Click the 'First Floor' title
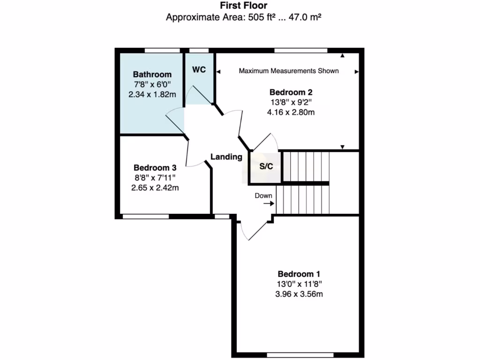pos(243,6)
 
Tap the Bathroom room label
pos(152,74)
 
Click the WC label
pos(199,69)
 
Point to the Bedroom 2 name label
pos(291,92)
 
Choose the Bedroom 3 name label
pos(155,167)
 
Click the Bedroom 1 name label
pos(299,274)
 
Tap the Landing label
pos(226,157)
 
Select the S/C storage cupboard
pos(266,167)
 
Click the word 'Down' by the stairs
pos(263,195)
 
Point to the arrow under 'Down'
pos(268,204)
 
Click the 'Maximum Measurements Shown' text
pos(289,71)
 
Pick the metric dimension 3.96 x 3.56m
pos(299,294)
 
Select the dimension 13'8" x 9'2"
pos(291,102)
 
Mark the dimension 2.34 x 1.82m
pos(152,94)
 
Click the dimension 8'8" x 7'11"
pos(155,178)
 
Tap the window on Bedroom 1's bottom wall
pos(300,355)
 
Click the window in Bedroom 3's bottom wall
pos(145,217)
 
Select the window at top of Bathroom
pos(162,50)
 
